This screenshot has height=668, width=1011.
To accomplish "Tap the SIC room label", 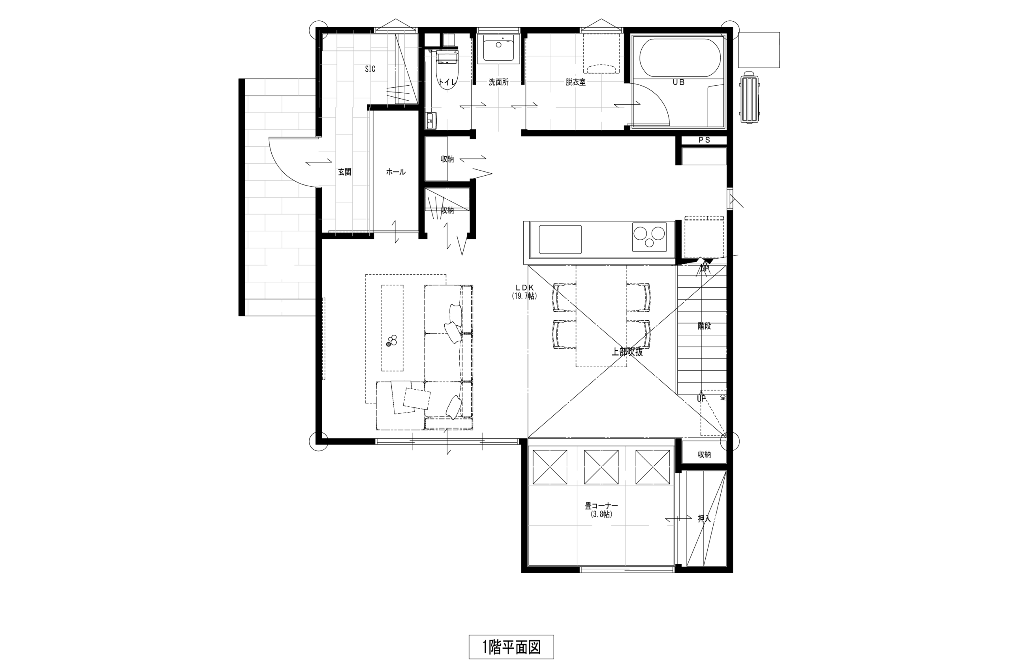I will [x=370, y=69].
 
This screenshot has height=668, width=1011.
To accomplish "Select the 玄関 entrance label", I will [x=344, y=172].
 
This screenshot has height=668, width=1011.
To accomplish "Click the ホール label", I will [x=395, y=172].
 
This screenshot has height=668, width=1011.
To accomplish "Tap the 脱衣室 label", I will [x=575, y=82].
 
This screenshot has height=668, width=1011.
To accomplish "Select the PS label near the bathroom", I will [x=704, y=140].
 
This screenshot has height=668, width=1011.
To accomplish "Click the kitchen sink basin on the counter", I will [x=560, y=239].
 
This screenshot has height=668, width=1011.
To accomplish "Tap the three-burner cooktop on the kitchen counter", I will [x=649, y=237].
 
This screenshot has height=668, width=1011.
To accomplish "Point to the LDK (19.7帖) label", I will [x=524, y=292].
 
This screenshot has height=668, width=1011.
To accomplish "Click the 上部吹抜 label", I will [x=627, y=352].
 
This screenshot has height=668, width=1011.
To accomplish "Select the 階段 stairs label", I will [x=704, y=326].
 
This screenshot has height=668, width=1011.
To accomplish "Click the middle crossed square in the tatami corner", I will [x=601, y=467].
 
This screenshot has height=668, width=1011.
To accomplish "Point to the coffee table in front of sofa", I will [x=392, y=328].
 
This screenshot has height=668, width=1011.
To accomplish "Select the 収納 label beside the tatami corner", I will [x=704, y=454].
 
